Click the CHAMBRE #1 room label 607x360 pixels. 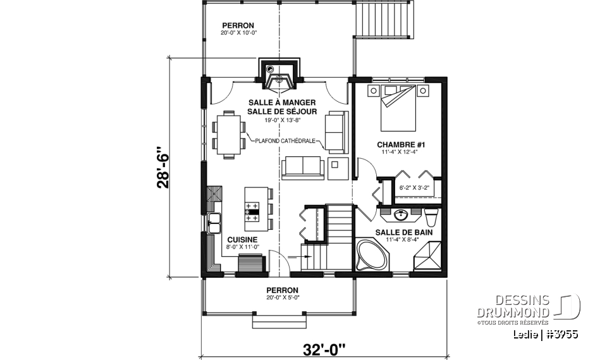click(x=400, y=145)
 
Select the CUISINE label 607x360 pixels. click(x=242, y=239)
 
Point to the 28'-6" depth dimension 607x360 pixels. click(x=163, y=167)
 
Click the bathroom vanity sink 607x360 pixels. click(x=400, y=216)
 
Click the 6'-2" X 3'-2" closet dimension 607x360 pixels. click(x=415, y=187)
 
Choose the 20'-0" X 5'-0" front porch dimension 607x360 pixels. click(x=278, y=296)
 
